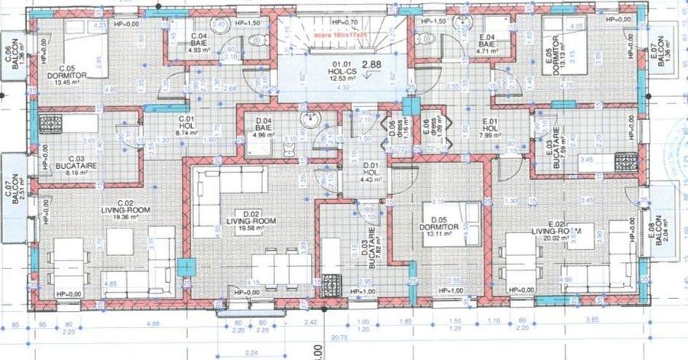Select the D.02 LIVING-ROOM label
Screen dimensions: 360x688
pyautogui.click(x=235, y=222)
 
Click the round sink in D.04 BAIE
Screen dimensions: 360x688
pyautogui.click(x=310, y=120)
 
